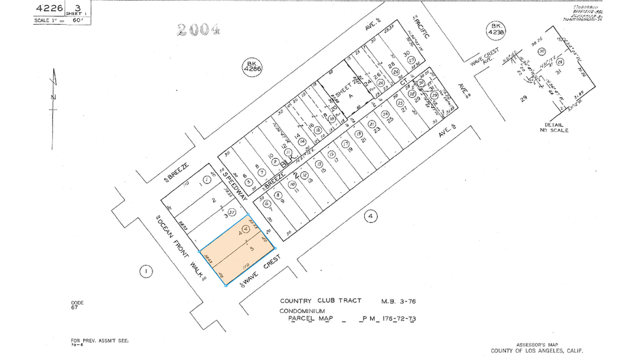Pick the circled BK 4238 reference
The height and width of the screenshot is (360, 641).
click(497, 30)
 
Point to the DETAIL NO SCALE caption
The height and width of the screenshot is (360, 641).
click(554, 128)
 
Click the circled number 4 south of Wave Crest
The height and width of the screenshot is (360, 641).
click(370, 216)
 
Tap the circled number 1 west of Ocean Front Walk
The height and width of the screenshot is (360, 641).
click(147, 270)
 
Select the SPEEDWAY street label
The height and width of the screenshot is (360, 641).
click(235, 185)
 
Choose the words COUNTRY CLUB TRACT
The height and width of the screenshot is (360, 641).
click(316, 301)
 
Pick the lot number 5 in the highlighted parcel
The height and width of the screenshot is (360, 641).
click(251, 248)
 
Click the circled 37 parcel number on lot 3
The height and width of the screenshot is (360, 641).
click(231, 212)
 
